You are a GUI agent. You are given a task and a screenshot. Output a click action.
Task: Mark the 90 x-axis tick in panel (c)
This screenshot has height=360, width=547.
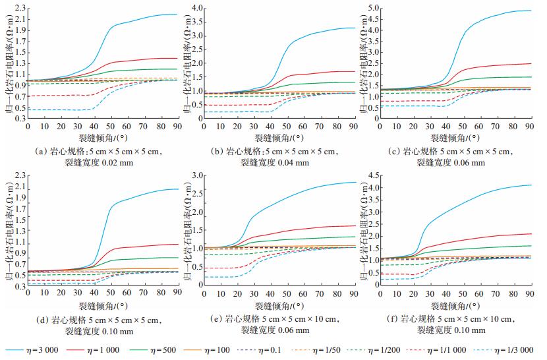pyautogui.click(x=528, y=125)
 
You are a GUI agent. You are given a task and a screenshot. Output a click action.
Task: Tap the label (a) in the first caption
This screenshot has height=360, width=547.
pyautogui.click(x=42, y=150)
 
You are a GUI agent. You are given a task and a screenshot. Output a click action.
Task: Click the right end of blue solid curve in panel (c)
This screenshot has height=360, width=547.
pyautogui.click(x=531, y=11)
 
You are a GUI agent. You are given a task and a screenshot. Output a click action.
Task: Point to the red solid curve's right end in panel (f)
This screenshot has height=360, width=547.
pyautogui.click(x=531, y=234)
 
